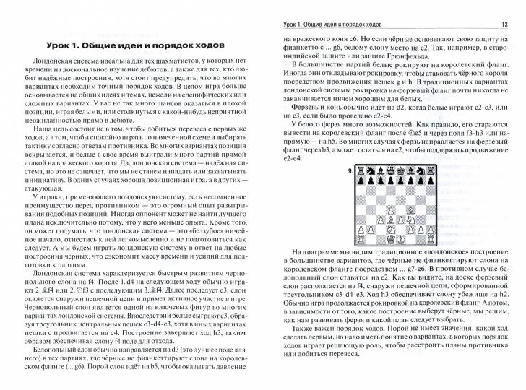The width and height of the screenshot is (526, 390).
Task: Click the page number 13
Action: [505, 26]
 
